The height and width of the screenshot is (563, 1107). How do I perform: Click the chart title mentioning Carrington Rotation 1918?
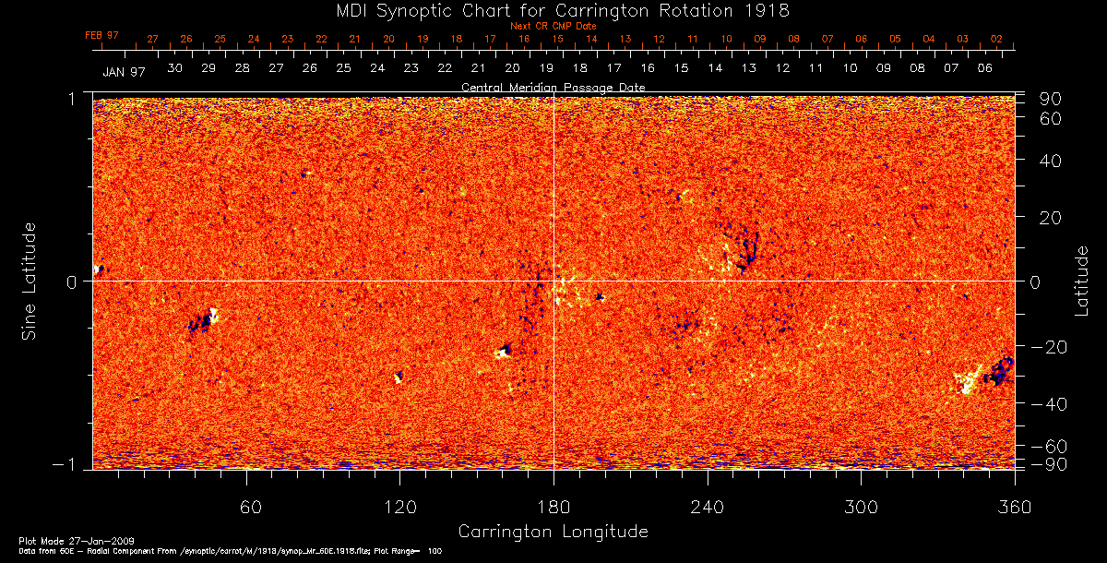point(553,10)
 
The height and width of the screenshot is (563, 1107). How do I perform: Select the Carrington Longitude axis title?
point(553,532)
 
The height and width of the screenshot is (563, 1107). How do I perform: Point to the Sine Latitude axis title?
point(30,281)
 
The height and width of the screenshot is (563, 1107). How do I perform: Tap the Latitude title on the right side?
point(1081,281)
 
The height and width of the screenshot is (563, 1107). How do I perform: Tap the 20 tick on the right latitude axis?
point(1052,218)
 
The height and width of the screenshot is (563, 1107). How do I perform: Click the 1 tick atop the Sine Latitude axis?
point(77,98)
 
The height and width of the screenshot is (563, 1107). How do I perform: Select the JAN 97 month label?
point(124,71)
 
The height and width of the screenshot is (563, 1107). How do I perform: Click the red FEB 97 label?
point(102,35)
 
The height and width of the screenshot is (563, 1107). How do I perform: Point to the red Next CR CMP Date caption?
point(553,26)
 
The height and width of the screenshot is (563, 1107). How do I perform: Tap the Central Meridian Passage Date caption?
point(553,87)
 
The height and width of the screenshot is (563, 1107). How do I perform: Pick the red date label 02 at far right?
point(996,39)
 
